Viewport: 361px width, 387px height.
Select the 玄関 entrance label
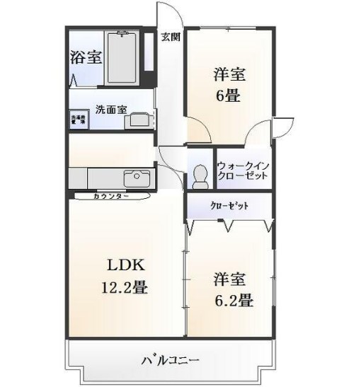(170, 37)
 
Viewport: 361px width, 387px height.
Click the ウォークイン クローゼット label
(243, 171)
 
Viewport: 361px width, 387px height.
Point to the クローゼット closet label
(229, 207)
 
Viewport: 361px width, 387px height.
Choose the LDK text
(126, 266)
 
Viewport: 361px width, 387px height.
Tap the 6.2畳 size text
(233, 300)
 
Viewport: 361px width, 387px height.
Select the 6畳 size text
(227, 95)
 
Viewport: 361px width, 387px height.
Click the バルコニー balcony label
(170, 360)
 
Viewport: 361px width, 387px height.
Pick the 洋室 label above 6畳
(228, 73)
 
